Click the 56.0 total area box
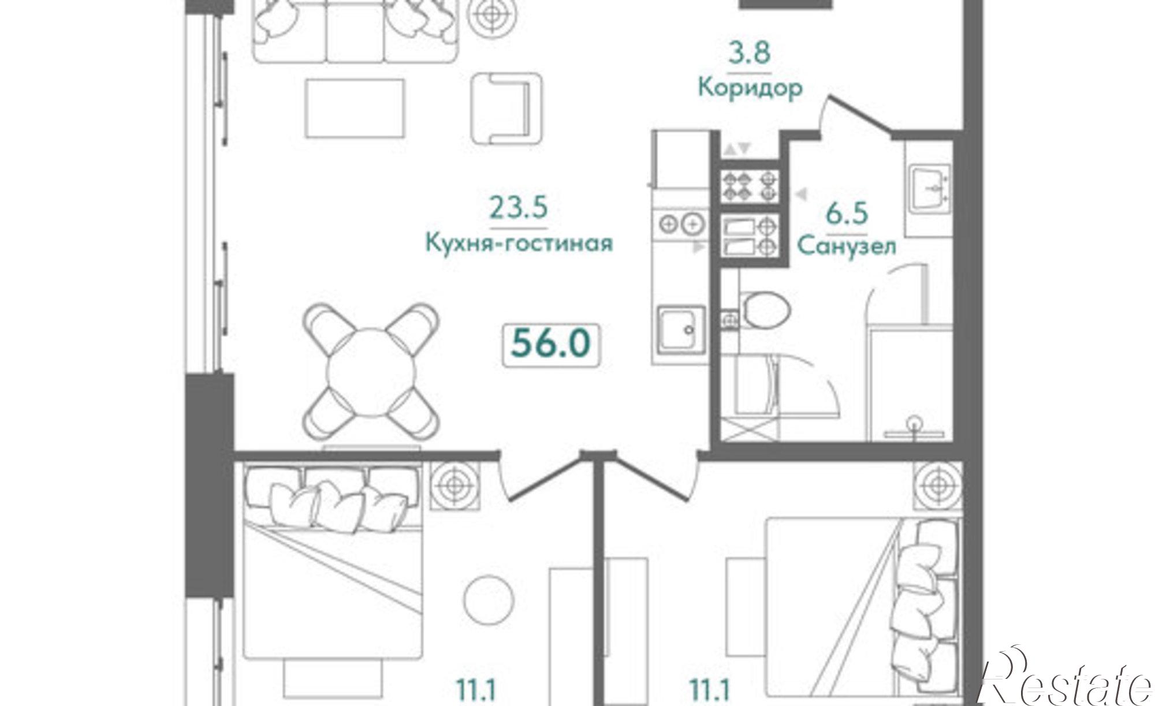click(x=551, y=345)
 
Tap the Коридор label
click(x=750, y=89)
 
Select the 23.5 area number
click(x=518, y=208)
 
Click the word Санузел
click(x=847, y=246)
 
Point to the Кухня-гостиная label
click(x=519, y=243)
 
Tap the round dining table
click(x=371, y=372)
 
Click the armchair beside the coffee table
click(x=506, y=108)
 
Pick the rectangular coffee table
click(x=354, y=108)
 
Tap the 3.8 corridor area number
click(x=749, y=54)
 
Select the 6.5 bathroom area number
click(x=847, y=214)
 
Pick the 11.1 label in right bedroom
click(x=710, y=690)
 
